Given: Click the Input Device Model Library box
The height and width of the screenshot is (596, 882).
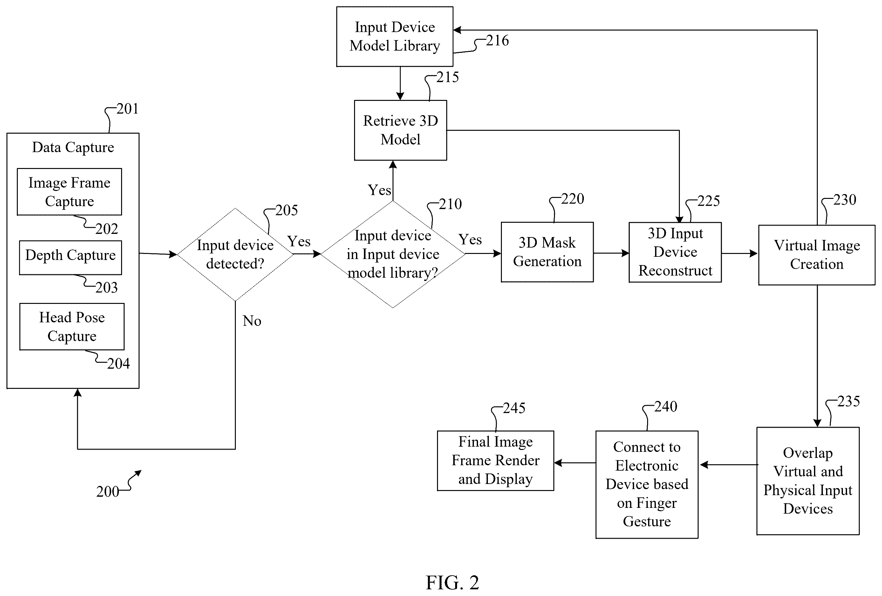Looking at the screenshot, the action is (395, 37).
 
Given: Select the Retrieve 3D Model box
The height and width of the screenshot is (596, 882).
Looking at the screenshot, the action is (400, 130).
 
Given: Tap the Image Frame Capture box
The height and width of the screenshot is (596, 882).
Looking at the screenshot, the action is (70, 192).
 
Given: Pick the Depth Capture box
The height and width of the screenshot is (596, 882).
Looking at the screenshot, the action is (71, 257).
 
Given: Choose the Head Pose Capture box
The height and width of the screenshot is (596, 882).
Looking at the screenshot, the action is (72, 327).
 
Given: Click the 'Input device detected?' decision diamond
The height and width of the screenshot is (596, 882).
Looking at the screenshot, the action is (235, 255).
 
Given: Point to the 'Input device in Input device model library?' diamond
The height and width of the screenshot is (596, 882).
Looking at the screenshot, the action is (393, 254).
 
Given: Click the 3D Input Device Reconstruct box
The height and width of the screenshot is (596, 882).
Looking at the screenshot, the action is (675, 252).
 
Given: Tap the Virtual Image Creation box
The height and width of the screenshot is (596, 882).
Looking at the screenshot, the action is (817, 255).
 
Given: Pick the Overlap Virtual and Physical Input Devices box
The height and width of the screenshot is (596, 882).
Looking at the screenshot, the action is (808, 481).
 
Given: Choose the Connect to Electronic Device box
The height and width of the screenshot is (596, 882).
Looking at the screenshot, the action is (647, 484).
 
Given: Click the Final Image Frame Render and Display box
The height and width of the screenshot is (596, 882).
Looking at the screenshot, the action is (496, 460).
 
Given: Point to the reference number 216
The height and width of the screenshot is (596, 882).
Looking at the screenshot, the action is (497, 41).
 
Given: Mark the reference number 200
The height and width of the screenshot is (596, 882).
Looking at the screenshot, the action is (107, 492).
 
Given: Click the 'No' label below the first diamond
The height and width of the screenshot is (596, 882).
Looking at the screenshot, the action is (252, 321).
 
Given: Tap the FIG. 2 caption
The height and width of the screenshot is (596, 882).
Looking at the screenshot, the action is (452, 582).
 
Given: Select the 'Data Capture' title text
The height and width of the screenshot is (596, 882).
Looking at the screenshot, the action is (73, 147).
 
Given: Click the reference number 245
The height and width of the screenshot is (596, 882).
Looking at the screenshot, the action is (514, 408).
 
